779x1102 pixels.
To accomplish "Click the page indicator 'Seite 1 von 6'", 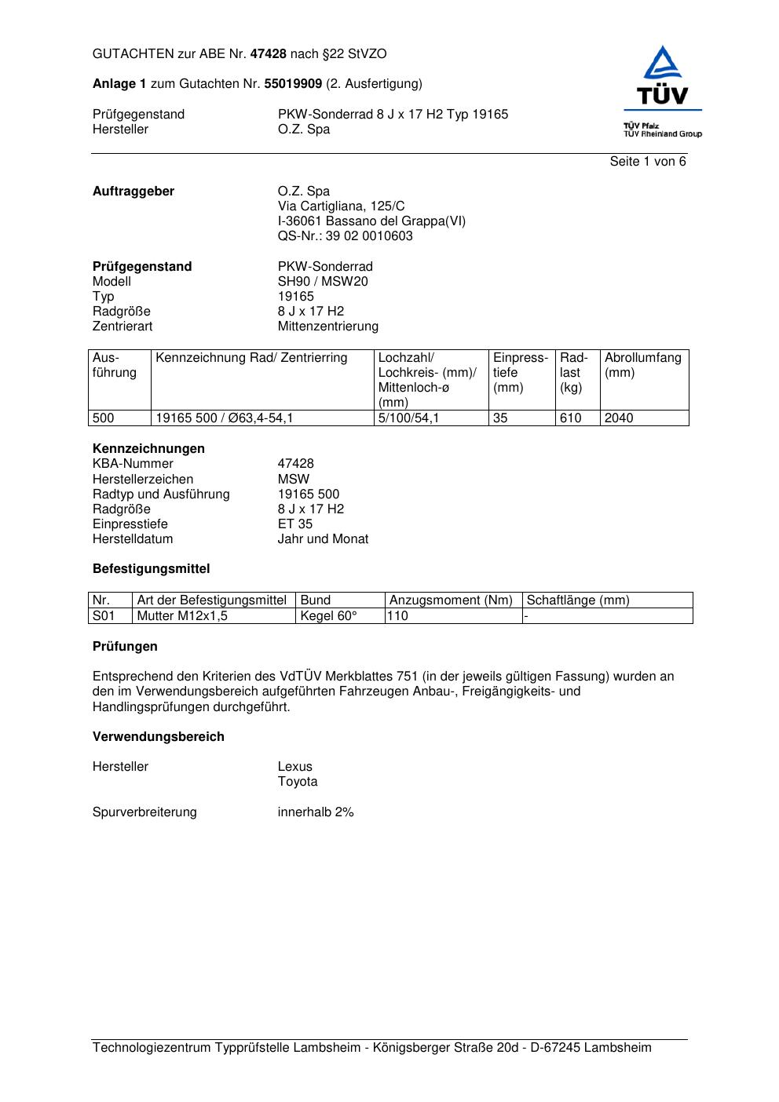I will pyautogui.click(x=647, y=162).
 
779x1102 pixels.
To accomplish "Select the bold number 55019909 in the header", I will pyautogui.click(x=292, y=84).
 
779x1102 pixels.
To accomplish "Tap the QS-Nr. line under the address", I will pyautogui.click(x=345, y=236).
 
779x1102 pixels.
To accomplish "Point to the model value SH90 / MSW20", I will pyautogui.click(x=322, y=282).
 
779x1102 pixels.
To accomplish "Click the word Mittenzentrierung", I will pyautogui.click(x=327, y=327).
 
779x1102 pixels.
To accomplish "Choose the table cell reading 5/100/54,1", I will pyautogui.click(x=408, y=418).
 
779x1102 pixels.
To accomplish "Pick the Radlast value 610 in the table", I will pyautogui.click(x=570, y=418).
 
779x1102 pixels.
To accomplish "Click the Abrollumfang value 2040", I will pyautogui.click(x=619, y=418).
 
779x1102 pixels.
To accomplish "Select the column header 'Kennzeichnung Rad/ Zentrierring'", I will pyautogui.click(x=251, y=358).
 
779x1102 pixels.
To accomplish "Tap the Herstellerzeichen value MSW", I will pyautogui.click(x=293, y=479).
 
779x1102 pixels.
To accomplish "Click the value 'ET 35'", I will pyautogui.click(x=294, y=524).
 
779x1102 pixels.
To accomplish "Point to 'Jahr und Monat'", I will pyautogui.click(x=323, y=539).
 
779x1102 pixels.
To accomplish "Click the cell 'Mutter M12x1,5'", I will pyautogui.click(x=182, y=616).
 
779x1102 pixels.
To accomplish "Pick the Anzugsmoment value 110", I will pyautogui.click(x=397, y=616).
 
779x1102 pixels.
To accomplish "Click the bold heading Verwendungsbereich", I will pyautogui.click(x=158, y=737).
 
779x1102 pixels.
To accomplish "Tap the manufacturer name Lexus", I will pyautogui.click(x=294, y=767).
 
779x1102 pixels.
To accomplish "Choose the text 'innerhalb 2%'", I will pyautogui.click(x=316, y=812).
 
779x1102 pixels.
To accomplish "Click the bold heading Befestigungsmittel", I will pyautogui.click(x=151, y=569).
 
